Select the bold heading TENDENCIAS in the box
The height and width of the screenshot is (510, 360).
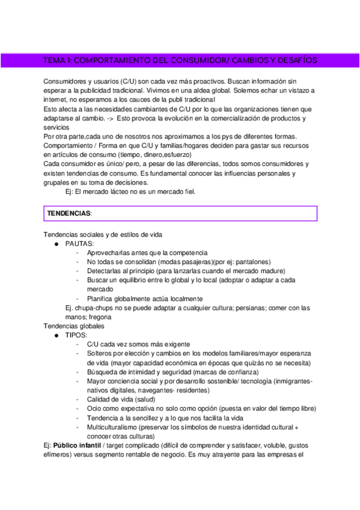(x=69, y=214)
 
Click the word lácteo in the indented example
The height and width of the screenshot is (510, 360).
(x=120, y=192)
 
